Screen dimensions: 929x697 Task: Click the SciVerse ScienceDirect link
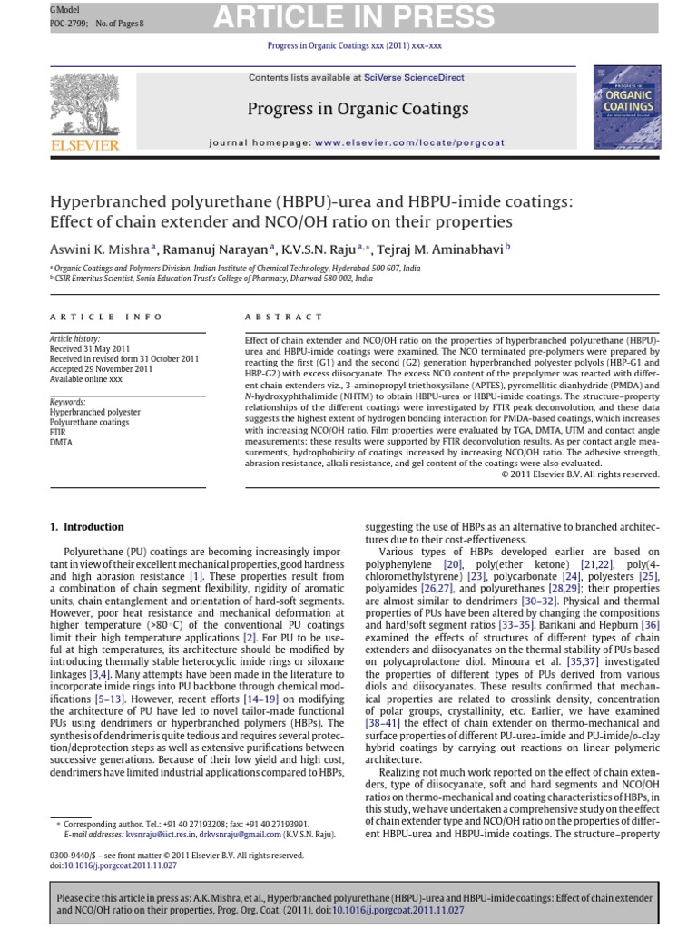tap(414, 78)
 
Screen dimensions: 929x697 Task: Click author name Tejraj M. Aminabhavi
tap(436, 249)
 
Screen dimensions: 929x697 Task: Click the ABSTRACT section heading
tap(284, 317)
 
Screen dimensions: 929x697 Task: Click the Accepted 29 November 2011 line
tap(102, 369)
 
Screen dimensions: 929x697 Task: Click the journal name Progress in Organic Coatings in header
tap(358, 110)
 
